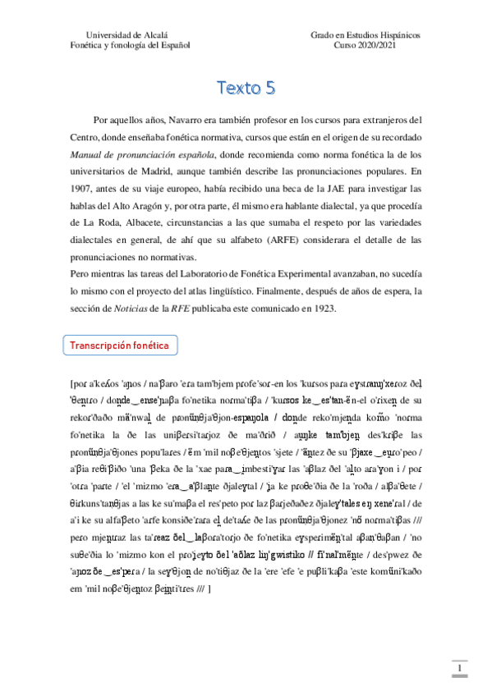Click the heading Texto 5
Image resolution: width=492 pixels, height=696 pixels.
[246, 87]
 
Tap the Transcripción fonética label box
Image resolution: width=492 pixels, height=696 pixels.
[119, 346]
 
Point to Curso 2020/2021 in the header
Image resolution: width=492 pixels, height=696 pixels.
[366, 46]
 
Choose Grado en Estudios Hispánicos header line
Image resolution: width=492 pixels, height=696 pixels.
[366, 36]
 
